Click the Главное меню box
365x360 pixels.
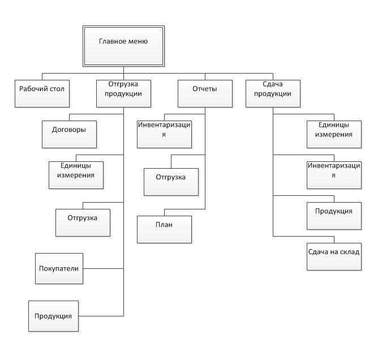click(123, 46)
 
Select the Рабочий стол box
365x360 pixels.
click(42, 93)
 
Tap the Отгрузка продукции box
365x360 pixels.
click(123, 93)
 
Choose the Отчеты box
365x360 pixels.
click(205, 93)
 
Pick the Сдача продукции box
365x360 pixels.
click(273, 93)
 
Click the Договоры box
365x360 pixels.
click(70, 134)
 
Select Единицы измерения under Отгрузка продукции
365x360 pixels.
click(76, 175)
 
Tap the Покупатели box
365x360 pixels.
click(59, 268)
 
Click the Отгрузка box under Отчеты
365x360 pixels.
click(171, 182)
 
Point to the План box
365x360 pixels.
click(164, 229)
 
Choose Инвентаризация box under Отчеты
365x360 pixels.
click(164, 134)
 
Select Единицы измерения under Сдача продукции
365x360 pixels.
click(334, 134)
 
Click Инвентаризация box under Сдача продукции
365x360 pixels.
click(334, 175)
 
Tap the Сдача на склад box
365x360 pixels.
click(334, 256)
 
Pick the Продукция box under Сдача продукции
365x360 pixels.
click(334, 216)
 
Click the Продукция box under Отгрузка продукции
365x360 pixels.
click(54, 316)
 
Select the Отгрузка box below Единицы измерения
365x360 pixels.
click(83, 222)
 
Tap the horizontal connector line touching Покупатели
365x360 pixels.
click(103, 268)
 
